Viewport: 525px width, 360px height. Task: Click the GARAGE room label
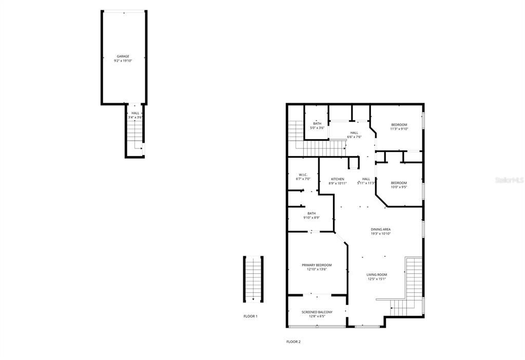click(x=123, y=56)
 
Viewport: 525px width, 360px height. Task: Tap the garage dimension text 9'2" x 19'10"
click(x=123, y=61)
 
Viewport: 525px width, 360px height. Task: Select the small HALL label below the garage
click(x=135, y=113)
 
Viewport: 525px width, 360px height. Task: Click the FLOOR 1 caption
click(x=250, y=316)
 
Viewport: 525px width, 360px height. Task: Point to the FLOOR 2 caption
click(x=294, y=342)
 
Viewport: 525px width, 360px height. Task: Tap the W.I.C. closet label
click(x=303, y=175)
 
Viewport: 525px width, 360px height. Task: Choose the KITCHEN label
click(x=337, y=179)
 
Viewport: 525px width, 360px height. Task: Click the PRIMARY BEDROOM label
click(x=317, y=265)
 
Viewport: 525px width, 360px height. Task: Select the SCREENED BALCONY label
click(x=317, y=312)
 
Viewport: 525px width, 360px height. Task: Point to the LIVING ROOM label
click(x=377, y=275)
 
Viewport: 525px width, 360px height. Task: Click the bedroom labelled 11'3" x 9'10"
click(x=399, y=125)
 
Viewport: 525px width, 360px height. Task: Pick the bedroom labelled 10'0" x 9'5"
click(x=399, y=183)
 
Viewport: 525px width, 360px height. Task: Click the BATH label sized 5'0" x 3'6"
click(x=317, y=123)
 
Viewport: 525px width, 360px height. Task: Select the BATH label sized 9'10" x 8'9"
click(x=312, y=214)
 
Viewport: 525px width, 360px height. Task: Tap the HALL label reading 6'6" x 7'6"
click(x=355, y=132)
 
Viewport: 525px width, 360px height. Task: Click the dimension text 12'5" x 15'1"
click(x=377, y=279)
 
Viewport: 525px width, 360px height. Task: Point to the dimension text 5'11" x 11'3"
click(x=366, y=183)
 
